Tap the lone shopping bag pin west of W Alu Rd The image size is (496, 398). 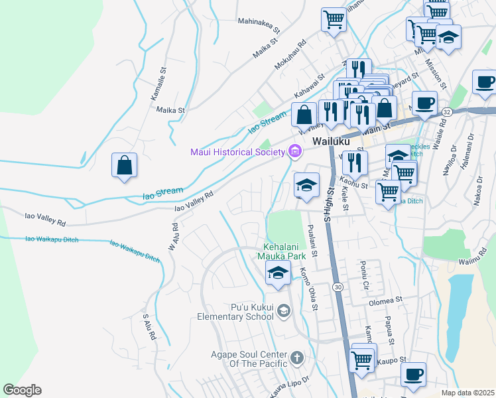pyautogui.click(x=124, y=166)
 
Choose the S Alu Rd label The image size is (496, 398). pyautogui.click(x=149, y=326)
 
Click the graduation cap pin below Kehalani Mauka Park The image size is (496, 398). pyautogui.click(x=278, y=272)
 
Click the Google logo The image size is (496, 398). pyautogui.click(x=22, y=390)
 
